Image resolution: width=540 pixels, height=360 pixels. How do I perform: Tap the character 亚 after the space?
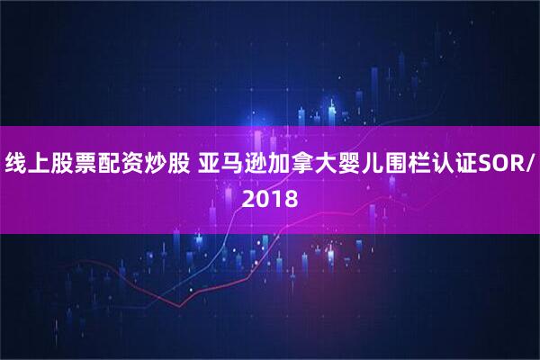211,164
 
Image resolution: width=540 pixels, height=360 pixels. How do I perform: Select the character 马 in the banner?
234,164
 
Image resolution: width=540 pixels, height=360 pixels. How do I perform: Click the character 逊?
257,164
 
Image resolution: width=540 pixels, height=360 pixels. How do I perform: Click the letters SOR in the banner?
500,164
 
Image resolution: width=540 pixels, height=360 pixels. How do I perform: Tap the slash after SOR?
528,164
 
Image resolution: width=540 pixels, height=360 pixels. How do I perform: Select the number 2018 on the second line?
269,196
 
